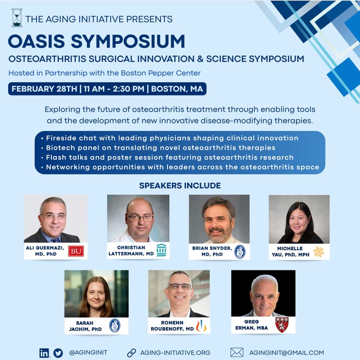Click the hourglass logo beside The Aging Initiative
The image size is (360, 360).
point(17,18)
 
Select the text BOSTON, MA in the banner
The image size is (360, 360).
point(177,88)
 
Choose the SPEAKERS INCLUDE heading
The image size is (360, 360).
point(180,185)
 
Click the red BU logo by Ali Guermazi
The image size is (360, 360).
point(76,251)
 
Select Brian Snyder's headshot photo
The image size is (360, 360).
point(219,219)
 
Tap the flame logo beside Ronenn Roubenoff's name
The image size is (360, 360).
point(201,325)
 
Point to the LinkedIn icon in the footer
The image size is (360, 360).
point(44,353)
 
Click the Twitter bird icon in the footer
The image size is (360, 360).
point(58,353)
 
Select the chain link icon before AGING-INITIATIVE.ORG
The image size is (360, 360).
point(131,353)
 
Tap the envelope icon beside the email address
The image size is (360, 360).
point(237,352)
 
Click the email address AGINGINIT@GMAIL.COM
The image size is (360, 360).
point(286,353)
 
